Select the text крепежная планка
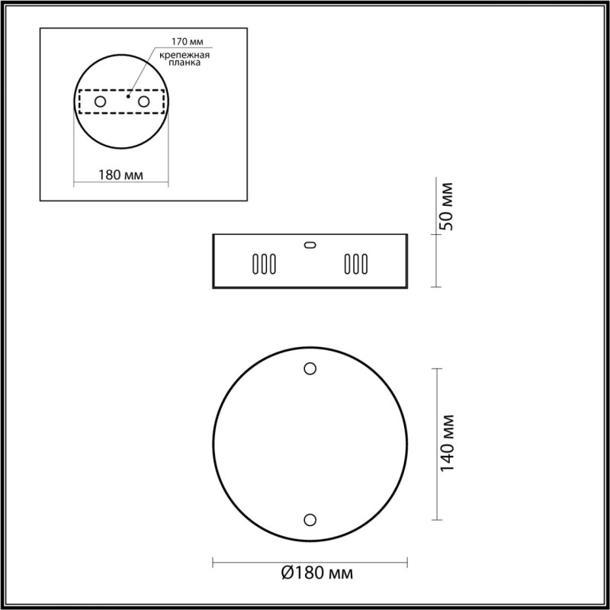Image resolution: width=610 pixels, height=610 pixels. [x=185, y=60]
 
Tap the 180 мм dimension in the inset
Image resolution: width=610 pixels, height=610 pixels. [x=122, y=175]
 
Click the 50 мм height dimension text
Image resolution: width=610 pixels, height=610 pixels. [x=448, y=206]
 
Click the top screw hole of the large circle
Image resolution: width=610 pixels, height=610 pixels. [x=310, y=368]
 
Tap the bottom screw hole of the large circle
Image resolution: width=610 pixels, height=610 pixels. [x=310, y=519]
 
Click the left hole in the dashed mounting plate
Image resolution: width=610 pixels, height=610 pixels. [x=100, y=101]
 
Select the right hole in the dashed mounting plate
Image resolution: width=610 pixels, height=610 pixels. [x=143, y=101]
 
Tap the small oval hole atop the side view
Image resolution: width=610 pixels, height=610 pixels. [x=309, y=245]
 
